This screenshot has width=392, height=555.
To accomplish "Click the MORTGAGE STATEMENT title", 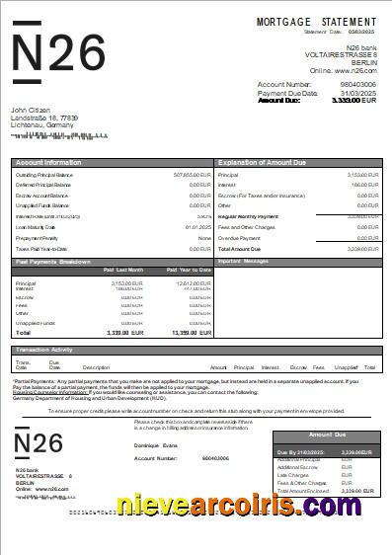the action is point(316,21).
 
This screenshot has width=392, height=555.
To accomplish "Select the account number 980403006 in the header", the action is point(358,84).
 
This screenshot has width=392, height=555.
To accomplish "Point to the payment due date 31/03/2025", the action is point(358,92).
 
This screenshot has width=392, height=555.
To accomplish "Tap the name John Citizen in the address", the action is point(32,110).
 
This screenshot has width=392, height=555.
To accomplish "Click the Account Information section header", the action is point(48,161).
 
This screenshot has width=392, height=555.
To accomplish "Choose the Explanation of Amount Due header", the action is point(265,161).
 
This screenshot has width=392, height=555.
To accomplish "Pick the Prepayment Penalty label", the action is point(37,238).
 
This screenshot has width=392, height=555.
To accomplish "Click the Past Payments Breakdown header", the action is point(53,262).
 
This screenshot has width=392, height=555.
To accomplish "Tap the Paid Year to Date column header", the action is point(189,270).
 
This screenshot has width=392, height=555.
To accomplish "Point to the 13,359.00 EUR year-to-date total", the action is point(192,333).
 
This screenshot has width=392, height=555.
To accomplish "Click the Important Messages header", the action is point(243,262).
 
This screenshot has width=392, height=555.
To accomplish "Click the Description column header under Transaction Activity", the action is point(96,367).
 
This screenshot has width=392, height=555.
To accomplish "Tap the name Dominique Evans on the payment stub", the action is point(156,446).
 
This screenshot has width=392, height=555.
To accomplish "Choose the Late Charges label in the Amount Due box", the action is point(295,474).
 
